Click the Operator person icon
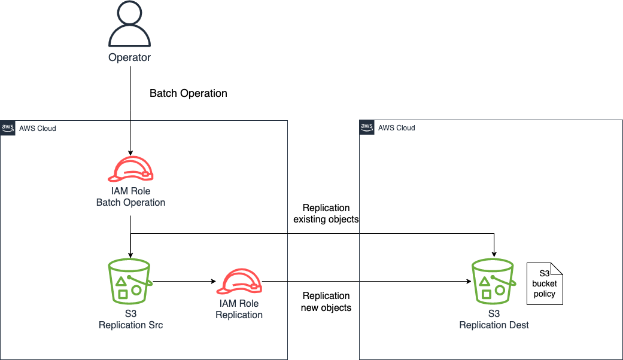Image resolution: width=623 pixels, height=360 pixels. point(129,26)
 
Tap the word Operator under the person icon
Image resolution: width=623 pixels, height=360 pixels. point(129,58)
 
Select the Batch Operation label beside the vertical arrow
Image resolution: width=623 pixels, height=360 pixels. point(188,93)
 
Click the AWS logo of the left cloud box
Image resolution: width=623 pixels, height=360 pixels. point(8,127)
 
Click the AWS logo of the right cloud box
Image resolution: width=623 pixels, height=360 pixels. point(367,127)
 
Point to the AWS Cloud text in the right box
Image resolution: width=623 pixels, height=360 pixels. point(397,128)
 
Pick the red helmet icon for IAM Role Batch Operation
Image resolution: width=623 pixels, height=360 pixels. point(130,169)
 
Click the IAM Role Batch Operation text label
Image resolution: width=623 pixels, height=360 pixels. point(130,197)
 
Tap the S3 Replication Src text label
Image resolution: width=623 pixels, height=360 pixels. point(130,319)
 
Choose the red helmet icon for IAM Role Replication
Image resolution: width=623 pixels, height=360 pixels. point(239,282)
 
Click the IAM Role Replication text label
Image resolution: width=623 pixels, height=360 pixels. point(239,309)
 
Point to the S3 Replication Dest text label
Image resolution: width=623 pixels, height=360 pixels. point(494,319)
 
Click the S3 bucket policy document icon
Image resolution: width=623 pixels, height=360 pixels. point(545,283)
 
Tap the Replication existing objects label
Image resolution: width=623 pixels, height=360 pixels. point(326,213)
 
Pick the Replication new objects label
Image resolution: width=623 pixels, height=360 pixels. point(326,302)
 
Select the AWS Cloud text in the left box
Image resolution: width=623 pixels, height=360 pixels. point(38,128)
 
